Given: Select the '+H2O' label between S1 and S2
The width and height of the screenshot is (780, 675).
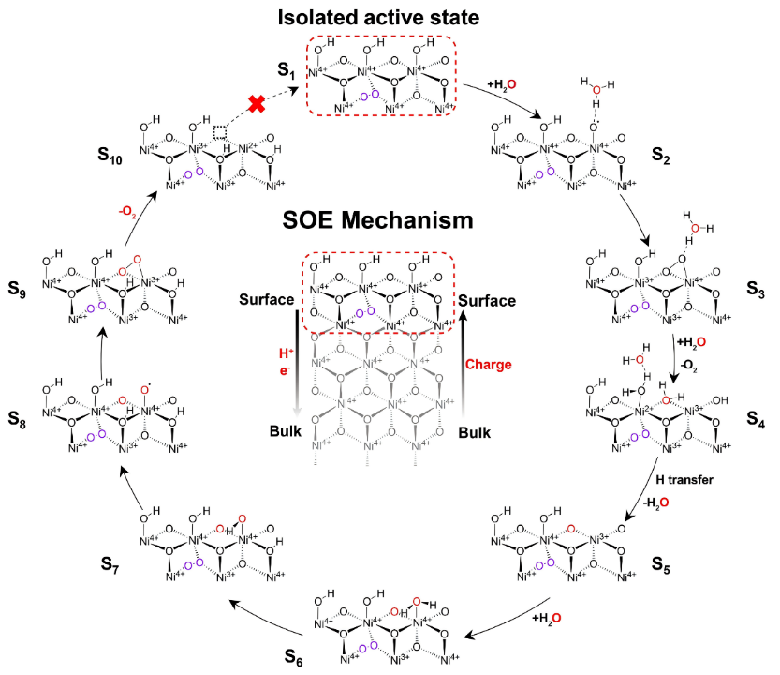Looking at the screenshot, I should click(502, 86).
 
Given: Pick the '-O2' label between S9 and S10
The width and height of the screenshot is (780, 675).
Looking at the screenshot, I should click(129, 208).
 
